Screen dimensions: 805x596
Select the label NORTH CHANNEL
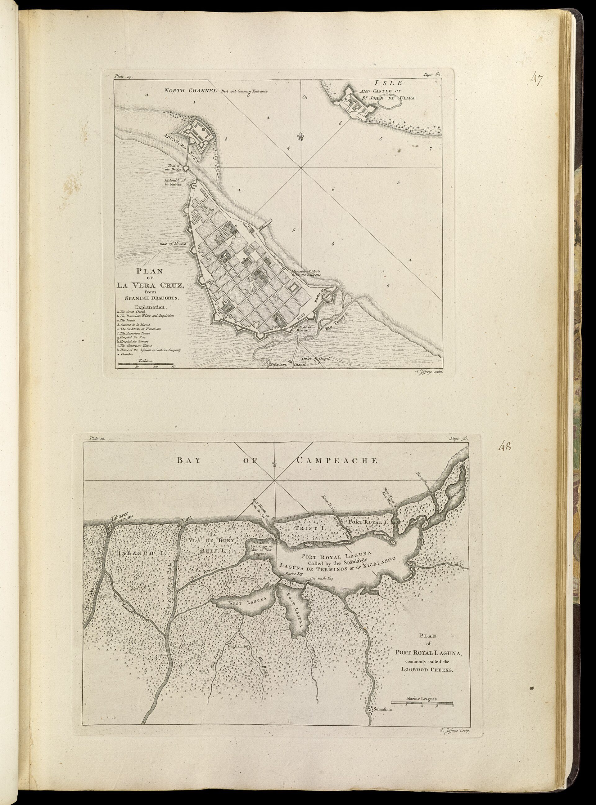(x=190, y=91)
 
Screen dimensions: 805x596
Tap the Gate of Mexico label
(x=173, y=244)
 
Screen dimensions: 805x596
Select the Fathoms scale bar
(x=146, y=364)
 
